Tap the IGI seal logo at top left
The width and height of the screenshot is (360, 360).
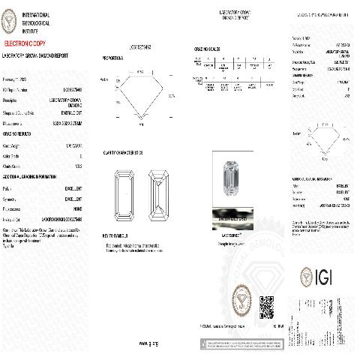click(x=10, y=22)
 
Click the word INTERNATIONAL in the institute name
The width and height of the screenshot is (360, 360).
click(x=35, y=15)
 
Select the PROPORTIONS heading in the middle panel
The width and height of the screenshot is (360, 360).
click(x=114, y=57)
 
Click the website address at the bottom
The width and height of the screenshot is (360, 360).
click(x=148, y=342)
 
